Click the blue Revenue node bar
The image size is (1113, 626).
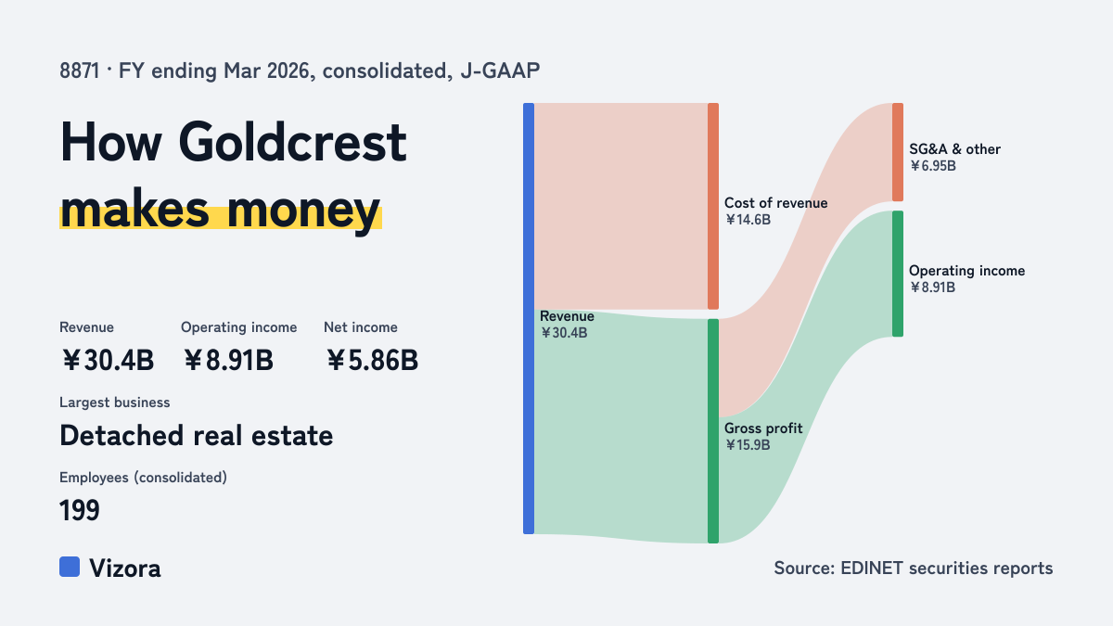(529, 318)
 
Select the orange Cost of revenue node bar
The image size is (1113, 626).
(713, 206)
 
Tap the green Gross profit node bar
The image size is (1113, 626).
(713, 431)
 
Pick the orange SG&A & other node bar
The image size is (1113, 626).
(898, 152)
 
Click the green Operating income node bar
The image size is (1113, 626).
(898, 274)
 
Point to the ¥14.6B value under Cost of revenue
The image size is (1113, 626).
(748, 220)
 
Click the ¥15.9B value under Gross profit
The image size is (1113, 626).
(748, 444)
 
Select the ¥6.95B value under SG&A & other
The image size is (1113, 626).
(933, 166)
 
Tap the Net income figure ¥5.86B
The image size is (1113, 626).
(372, 360)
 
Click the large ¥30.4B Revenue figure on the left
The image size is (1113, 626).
(108, 360)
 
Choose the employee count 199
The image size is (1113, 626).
(80, 510)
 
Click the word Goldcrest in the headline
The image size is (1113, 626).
(293, 142)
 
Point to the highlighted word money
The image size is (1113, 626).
(303, 211)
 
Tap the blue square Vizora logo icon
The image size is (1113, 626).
(70, 567)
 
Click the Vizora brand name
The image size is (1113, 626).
(125, 569)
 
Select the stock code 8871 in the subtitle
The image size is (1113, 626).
(80, 70)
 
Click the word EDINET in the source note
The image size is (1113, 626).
(872, 568)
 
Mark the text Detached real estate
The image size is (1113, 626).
(197, 436)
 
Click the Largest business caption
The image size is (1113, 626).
(115, 402)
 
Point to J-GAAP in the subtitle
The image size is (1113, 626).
(500, 70)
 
